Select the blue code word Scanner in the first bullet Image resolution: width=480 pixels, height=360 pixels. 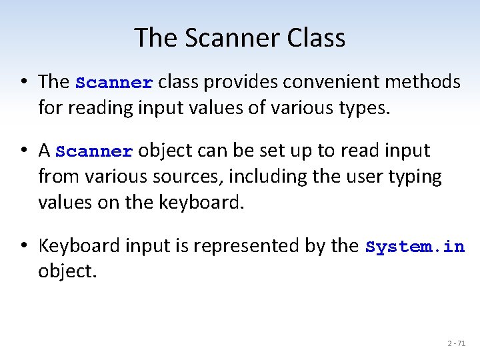115,83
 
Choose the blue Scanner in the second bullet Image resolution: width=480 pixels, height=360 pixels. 95,151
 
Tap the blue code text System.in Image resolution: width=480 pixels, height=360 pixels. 415,247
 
